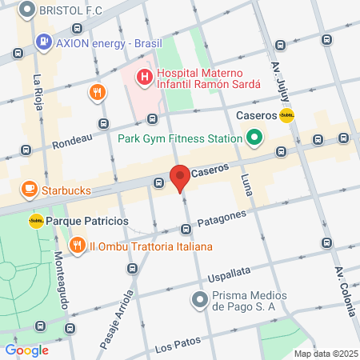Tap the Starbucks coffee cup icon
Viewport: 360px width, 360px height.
pos(30,190)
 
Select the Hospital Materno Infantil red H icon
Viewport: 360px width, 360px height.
pos(145,78)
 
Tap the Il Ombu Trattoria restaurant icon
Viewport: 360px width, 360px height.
pos(78,245)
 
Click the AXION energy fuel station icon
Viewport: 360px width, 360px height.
pos(42,42)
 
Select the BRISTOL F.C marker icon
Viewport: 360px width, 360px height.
pos(26,12)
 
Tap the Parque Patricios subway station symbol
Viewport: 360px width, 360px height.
pos(36,220)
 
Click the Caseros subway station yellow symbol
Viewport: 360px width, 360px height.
pos(286,115)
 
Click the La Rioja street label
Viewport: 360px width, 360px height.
pos(38,94)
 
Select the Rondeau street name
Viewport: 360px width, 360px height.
pos(73,141)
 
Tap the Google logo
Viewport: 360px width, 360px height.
pos(26,350)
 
